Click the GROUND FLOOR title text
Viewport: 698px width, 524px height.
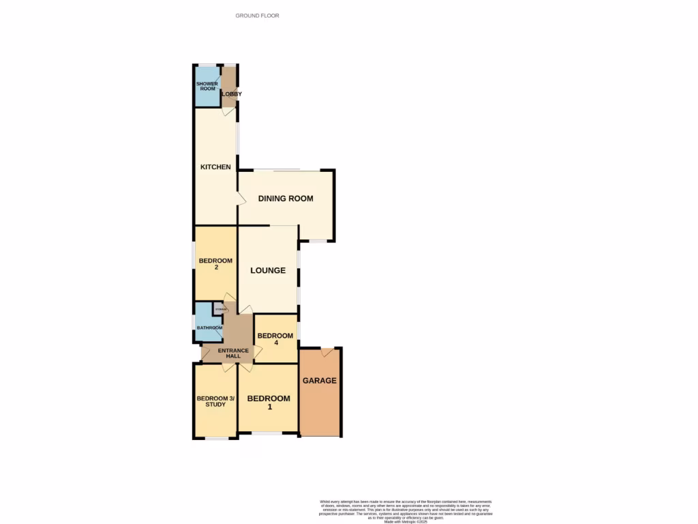point(257,15)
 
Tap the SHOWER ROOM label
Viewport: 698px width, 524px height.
point(207,86)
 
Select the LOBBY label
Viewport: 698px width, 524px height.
point(231,94)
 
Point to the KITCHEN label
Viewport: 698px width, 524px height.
point(215,167)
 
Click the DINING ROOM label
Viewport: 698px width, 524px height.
point(286,199)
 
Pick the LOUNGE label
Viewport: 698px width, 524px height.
point(268,270)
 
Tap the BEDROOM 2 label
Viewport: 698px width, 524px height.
point(215,264)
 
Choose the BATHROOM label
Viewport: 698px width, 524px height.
point(210,328)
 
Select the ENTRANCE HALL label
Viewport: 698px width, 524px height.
point(229,353)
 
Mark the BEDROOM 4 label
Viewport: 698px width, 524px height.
point(275,339)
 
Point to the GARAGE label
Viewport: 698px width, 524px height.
point(320,381)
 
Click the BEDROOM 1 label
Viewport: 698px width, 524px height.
point(269,403)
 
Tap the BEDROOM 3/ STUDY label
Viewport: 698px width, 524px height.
point(215,401)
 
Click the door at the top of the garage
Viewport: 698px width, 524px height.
point(327,352)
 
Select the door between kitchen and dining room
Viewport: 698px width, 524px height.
point(241,199)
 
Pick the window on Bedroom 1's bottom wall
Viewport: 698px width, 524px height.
point(268,433)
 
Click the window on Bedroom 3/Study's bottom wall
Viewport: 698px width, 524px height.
point(217,438)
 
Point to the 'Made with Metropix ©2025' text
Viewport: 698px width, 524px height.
point(406,521)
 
